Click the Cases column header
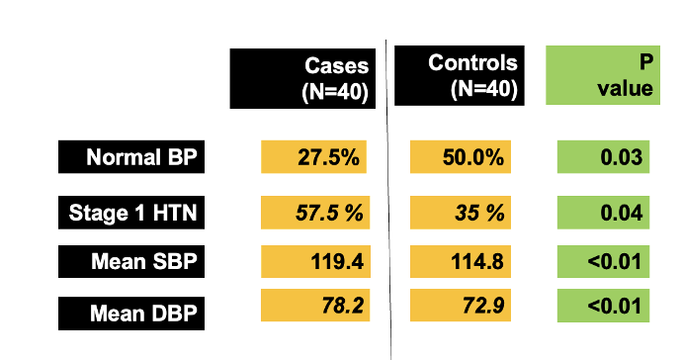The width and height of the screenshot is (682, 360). (302, 78)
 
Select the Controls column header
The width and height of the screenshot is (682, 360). (460, 75)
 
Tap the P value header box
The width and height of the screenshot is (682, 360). (603, 75)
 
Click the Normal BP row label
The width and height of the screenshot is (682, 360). (131, 156)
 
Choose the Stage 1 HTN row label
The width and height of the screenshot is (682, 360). (131, 213)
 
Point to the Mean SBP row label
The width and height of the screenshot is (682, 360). (131, 261)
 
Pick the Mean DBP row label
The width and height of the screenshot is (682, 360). (131, 314)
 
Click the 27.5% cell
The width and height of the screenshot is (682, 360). (313, 156)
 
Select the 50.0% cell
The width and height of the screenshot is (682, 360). (461, 156)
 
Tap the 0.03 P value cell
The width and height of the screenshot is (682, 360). (603, 156)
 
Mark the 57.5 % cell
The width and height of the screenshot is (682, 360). (315, 213)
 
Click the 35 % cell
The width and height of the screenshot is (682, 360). (461, 213)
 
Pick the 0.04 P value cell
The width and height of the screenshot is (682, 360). (603, 213)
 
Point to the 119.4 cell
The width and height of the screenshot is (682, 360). (315, 261)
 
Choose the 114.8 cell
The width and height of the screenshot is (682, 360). (461, 261)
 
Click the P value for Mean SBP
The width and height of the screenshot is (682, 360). (603, 261)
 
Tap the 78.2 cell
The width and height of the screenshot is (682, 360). (315, 305)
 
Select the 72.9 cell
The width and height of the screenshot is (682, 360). (461, 305)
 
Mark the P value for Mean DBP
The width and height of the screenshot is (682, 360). (603, 306)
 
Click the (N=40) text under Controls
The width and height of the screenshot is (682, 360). (484, 89)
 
